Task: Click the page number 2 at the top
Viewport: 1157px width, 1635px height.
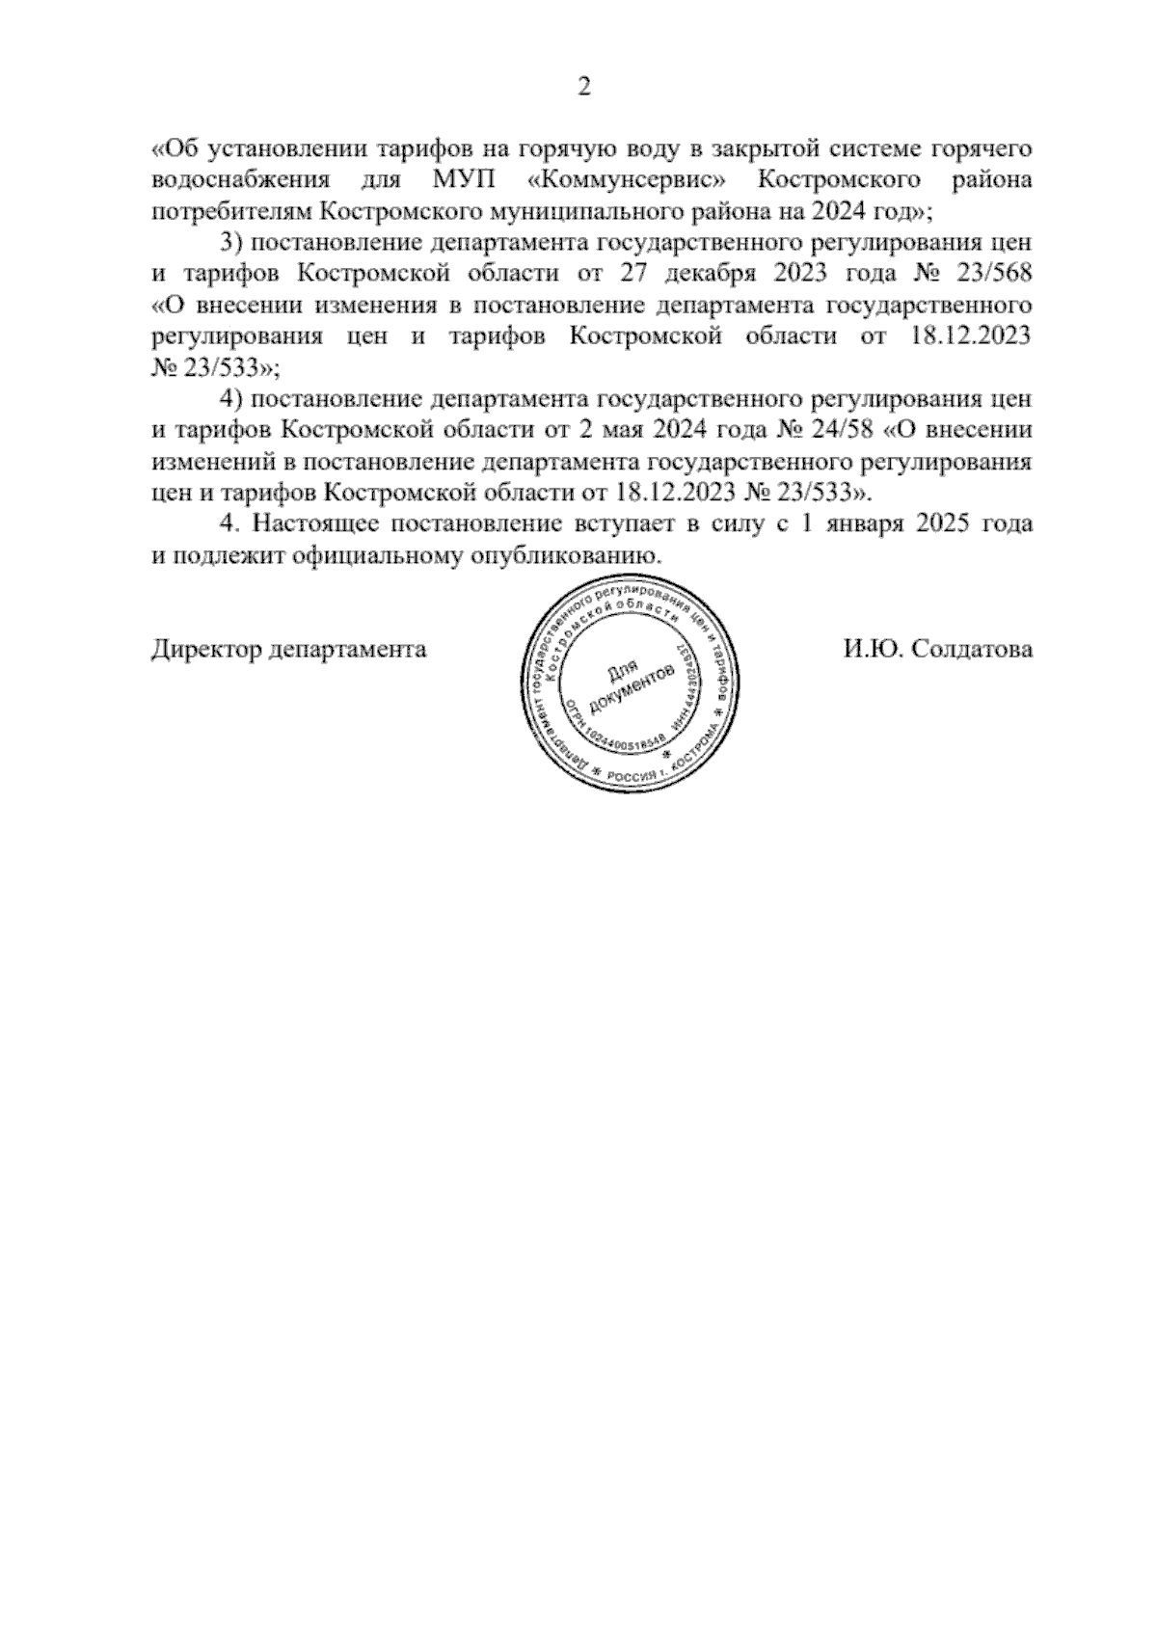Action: coord(582,88)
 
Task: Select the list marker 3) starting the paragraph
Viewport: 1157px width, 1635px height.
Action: coord(232,243)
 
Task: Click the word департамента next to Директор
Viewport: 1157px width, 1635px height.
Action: coord(348,650)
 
